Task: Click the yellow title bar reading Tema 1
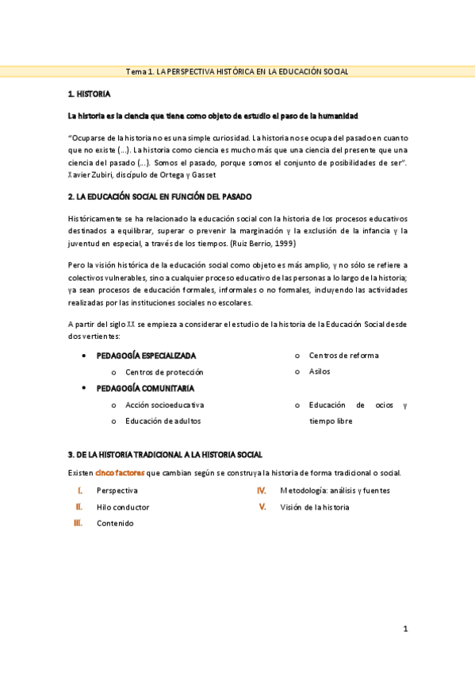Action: point(237,72)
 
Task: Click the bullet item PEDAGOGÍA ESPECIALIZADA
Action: point(146,355)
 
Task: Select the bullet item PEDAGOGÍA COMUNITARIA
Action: point(145,388)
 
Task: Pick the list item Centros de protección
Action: point(164,371)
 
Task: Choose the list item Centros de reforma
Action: point(343,355)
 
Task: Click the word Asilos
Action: point(320,371)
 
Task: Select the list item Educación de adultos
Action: point(163,421)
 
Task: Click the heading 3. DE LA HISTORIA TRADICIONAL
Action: point(165,455)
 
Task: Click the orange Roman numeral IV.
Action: point(261,490)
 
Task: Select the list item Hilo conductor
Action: point(123,507)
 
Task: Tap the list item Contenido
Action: point(115,524)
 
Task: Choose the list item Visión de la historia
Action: point(314,507)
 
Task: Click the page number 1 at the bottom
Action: point(404,629)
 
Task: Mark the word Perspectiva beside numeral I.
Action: point(117,490)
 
